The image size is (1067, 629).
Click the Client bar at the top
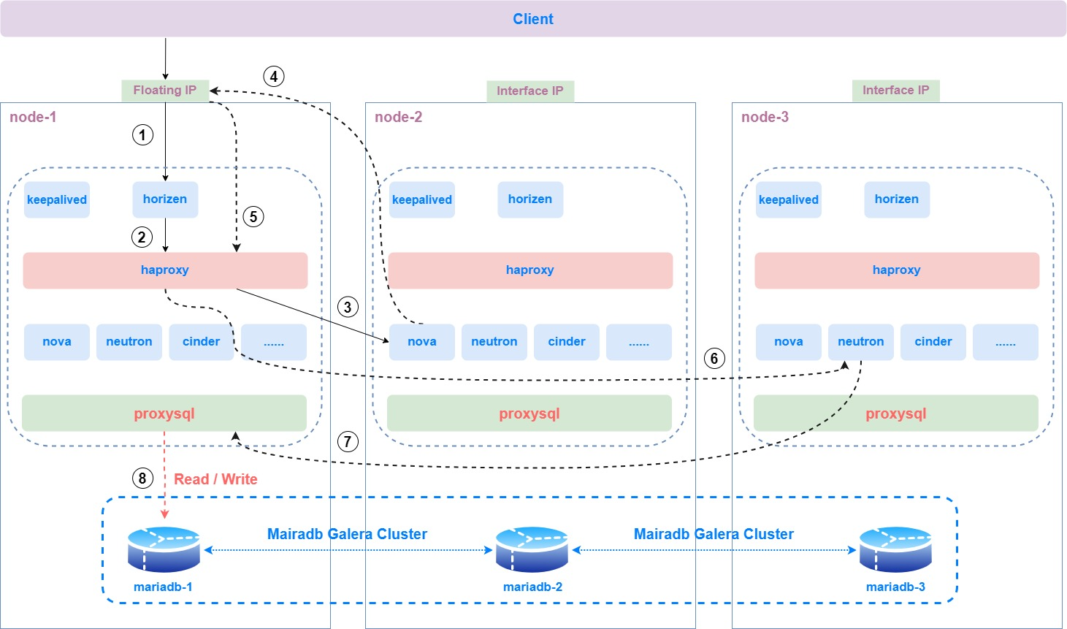point(533,19)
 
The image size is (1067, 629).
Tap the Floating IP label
point(165,90)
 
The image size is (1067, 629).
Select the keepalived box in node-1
point(57,199)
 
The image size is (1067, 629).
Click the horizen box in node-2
point(530,199)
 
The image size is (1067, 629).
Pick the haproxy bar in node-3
point(896,270)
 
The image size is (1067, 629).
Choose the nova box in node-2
point(422,342)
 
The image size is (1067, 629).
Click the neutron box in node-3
point(860,342)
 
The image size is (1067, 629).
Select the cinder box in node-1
point(201,342)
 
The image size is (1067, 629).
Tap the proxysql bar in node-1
point(164,413)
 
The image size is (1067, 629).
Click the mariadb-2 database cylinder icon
point(532,549)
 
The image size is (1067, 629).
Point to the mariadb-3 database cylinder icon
point(895,549)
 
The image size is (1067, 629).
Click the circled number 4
point(274,76)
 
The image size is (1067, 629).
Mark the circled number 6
point(714,358)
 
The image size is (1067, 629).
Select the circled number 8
point(142,479)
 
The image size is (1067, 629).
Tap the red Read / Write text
point(215,479)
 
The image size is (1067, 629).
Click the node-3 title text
point(765,117)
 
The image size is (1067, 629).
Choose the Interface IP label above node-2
point(530,91)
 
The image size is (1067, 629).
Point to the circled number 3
point(348,307)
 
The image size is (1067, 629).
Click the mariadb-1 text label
point(163,587)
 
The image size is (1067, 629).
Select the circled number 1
point(142,134)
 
